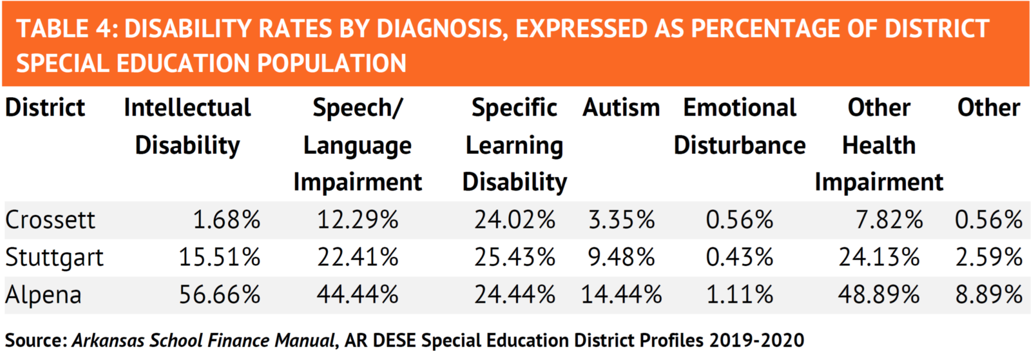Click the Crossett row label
50,220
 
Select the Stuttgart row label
54,258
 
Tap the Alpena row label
43,295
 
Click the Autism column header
621,108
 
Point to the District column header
45,108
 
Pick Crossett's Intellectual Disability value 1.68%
227,220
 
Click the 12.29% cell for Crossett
358,220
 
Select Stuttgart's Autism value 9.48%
621,257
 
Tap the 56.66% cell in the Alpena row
219,295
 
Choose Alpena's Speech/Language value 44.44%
358,295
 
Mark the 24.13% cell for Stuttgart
879,257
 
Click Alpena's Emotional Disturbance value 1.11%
740,295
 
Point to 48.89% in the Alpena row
879,295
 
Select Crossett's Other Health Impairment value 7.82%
889,220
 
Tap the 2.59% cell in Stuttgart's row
989,257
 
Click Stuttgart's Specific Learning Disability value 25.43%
515,257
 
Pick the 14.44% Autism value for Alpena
621,295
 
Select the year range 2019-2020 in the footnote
757,340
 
